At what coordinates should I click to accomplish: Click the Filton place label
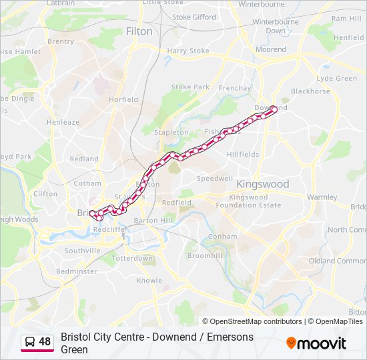tap(139, 31)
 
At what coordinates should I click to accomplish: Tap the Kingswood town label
tap(263, 184)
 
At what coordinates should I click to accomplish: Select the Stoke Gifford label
tap(194, 17)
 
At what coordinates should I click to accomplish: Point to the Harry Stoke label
tap(188, 51)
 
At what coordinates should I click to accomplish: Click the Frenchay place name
tap(235, 88)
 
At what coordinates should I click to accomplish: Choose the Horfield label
tap(123, 99)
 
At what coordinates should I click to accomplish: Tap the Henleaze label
tap(63, 123)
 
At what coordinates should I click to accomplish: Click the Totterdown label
tap(132, 258)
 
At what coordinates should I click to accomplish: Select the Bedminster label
tap(77, 271)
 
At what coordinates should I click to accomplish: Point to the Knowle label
tap(149, 280)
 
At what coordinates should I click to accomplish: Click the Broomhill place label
tap(200, 256)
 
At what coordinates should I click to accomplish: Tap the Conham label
tap(222, 236)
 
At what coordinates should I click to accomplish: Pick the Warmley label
tap(322, 197)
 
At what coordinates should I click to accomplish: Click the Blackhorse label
tap(310, 91)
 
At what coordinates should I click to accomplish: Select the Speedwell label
tap(214, 179)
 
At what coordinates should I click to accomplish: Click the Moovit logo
tap(316, 343)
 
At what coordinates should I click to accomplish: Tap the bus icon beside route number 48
tap(30, 342)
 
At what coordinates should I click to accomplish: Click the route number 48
tap(45, 342)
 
